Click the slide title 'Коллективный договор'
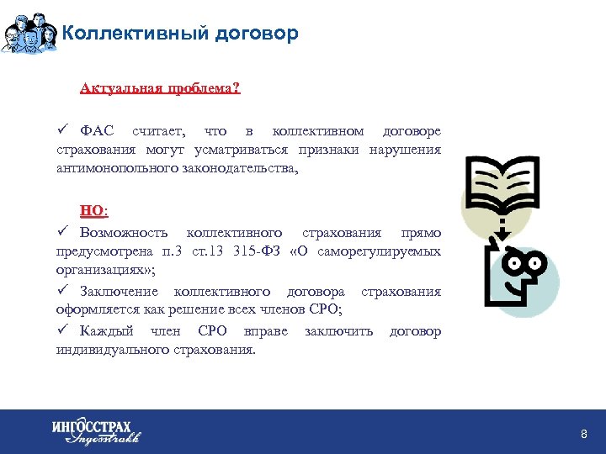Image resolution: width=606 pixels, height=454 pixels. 180,34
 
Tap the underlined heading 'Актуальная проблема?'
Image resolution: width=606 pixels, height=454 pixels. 160,88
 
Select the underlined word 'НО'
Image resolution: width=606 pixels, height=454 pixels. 93,210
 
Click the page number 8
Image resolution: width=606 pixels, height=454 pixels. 583,433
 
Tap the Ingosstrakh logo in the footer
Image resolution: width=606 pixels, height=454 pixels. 95,431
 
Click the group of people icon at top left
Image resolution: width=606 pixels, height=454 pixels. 30,33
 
